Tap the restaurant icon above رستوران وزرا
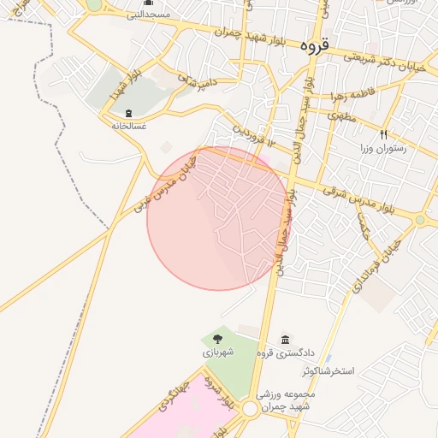point(383,134)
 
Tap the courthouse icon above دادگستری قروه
point(285,340)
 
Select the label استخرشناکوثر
point(333,373)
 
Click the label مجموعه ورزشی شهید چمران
point(286,400)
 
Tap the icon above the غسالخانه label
point(128,114)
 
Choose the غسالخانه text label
point(128,126)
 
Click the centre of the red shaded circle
point(219,218)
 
